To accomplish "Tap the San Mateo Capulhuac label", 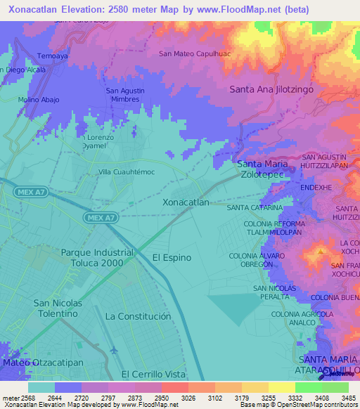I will click(x=195, y=53).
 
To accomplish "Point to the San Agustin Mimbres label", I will click(x=125, y=95).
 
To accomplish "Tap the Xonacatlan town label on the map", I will click(x=186, y=202).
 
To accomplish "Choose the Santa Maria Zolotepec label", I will click(x=260, y=169).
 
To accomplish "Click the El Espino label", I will click(x=172, y=258).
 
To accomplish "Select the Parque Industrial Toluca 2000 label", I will click(x=97, y=257).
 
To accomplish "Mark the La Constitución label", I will click(x=138, y=316).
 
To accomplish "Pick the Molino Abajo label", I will click(x=38, y=100).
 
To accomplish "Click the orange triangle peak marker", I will click(x=321, y=249).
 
